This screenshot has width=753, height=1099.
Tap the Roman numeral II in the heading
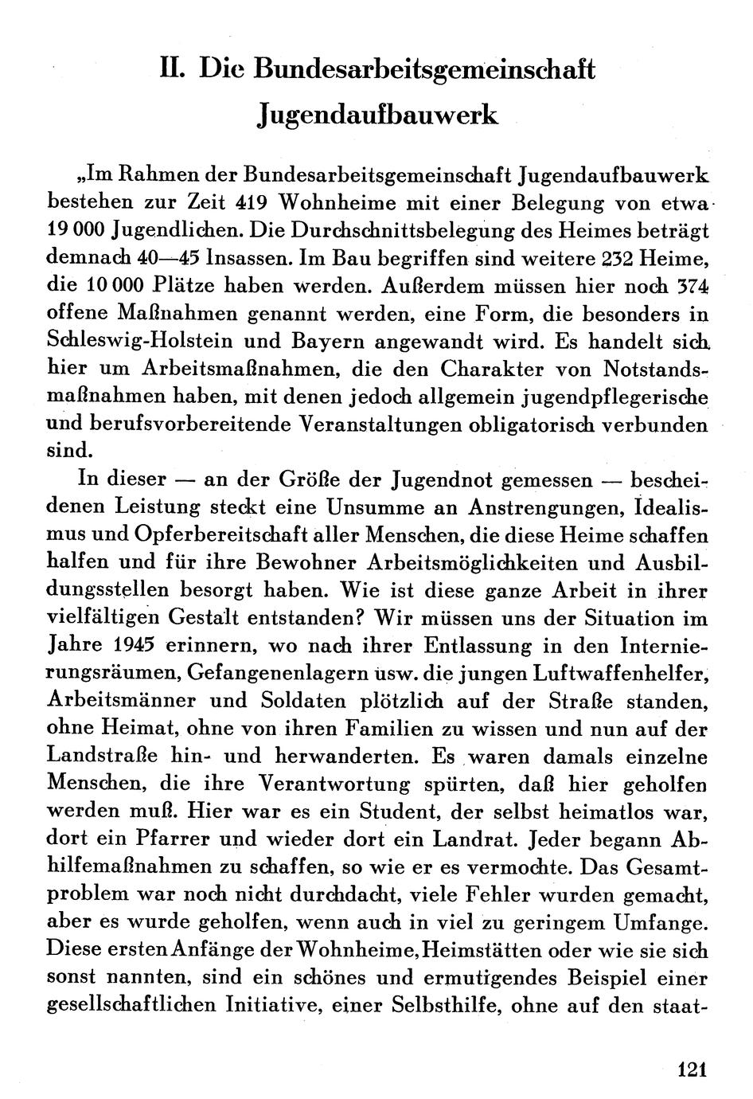tap(172, 69)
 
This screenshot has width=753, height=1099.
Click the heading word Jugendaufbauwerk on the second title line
tap(378, 115)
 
